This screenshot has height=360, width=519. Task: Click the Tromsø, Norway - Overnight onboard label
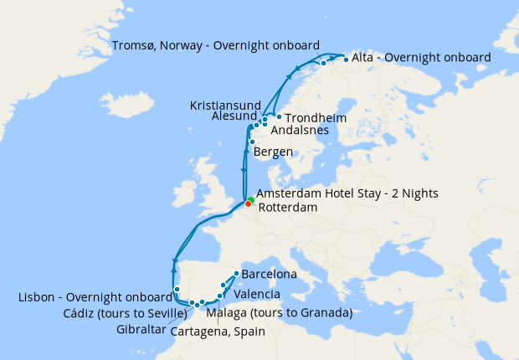pyautogui.click(x=215, y=44)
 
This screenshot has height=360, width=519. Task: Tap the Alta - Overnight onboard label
pyautogui.click(x=421, y=58)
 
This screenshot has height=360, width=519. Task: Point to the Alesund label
pyautogui.click(x=234, y=118)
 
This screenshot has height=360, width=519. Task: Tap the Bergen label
pyautogui.click(x=273, y=152)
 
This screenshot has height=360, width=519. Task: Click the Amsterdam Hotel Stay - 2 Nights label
pyautogui.click(x=347, y=193)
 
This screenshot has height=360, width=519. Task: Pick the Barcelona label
pyautogui.click(x=269, y=274)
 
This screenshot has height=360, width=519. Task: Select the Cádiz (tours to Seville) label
pyautogui.click(x=124, y=313)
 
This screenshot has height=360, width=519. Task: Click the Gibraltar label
pyautogui.click(x=141, y=329)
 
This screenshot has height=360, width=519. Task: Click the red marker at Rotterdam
pyautogui.click(x=248, y=203)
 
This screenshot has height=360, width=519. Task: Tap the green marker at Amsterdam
pyautogui.click(x=250, y=199)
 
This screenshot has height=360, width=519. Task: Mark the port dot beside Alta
pyautogui.click(x=346, y=59)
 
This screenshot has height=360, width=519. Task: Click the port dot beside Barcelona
pyautogui.click(x=236, y=273)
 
